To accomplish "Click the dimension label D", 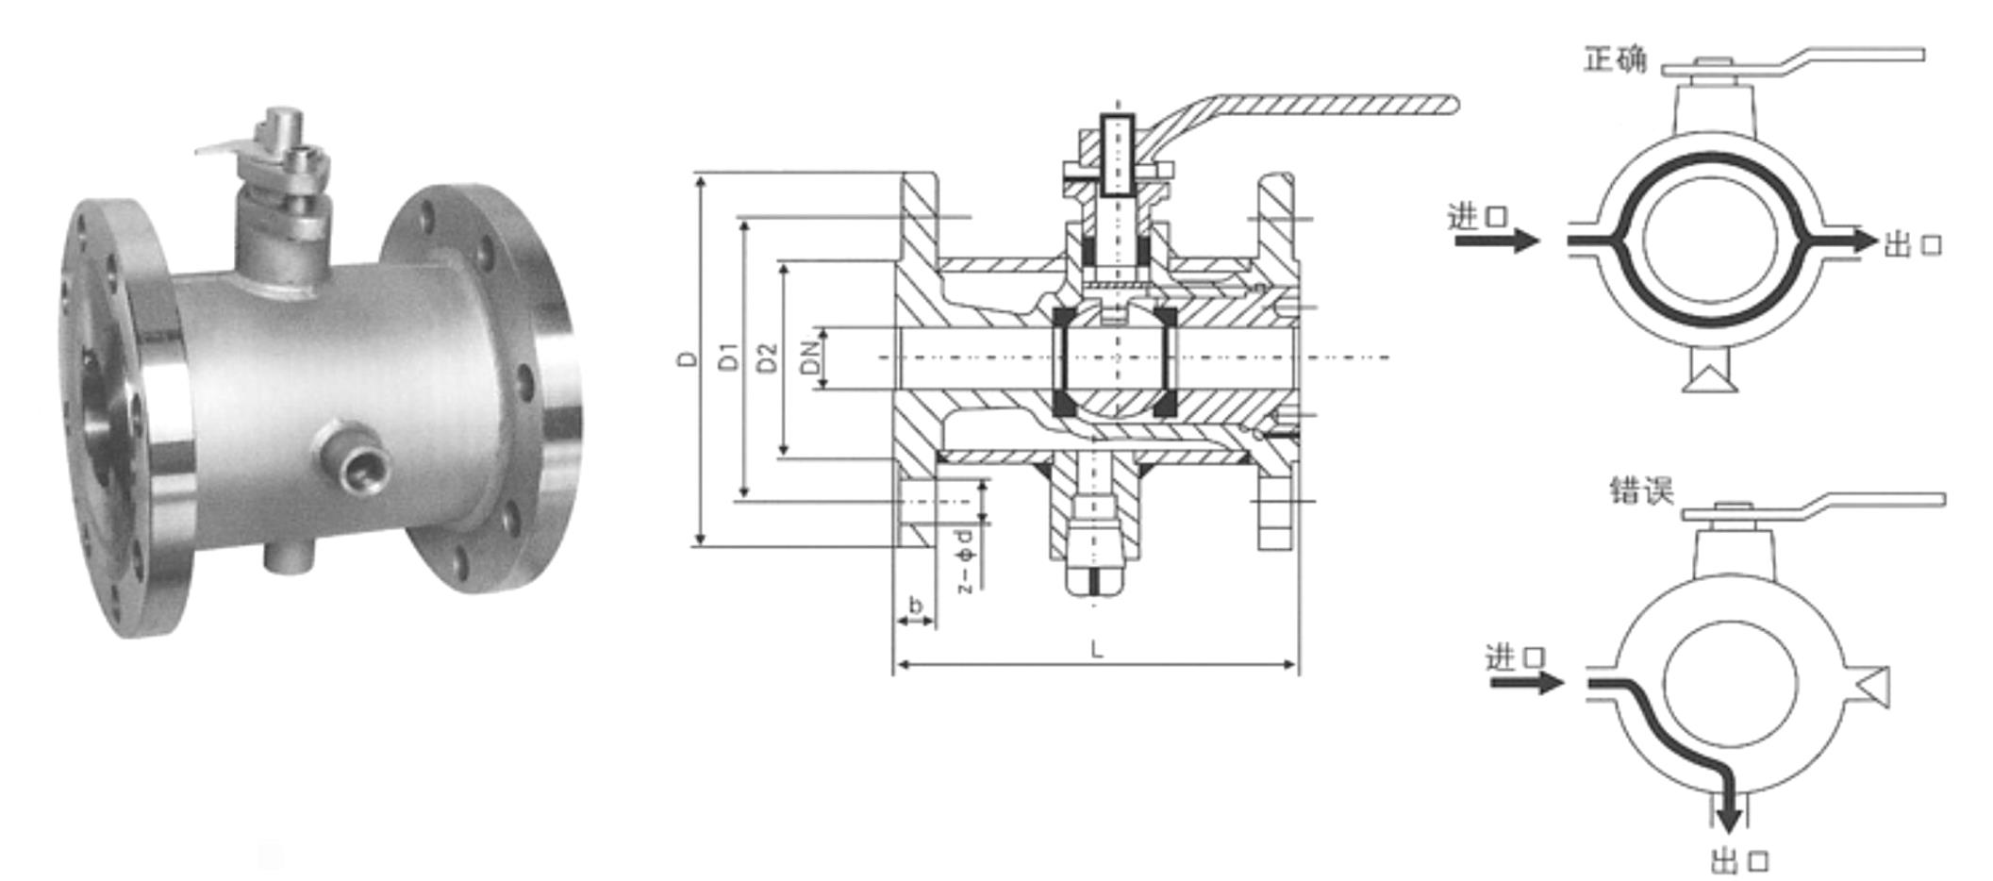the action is coord(690,358).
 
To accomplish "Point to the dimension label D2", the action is coord(769,357).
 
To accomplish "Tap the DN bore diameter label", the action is coord(809,357).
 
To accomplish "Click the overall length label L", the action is coord(1096,649).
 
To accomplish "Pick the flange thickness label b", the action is coord(915,604).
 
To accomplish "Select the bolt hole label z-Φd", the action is coord(963,561).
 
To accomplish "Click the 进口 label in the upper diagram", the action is coord(1478,217).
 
